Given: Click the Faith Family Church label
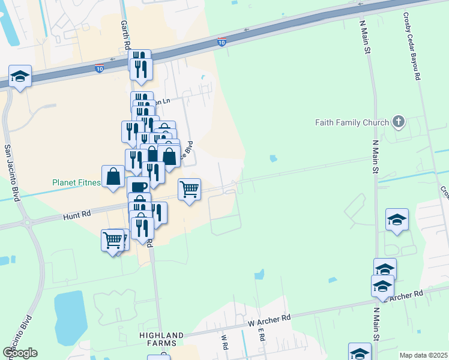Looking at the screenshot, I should (352, 123).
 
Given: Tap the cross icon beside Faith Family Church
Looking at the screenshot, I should (397, 122).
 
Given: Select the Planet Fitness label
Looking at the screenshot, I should (76, 182).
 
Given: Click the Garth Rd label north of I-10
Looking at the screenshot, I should (125, 34).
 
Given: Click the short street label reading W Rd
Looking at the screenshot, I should (224, 341).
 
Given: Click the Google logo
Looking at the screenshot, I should (20, 353).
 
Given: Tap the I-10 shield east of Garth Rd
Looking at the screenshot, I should (221, 42).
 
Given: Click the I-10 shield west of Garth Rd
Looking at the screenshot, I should (99, 69).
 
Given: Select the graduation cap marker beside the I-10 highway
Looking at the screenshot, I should (20, 76).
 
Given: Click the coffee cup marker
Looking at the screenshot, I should (138, 186).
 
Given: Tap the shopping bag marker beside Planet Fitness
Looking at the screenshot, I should (113, 176).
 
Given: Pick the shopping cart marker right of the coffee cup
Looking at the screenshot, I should (189, 189).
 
